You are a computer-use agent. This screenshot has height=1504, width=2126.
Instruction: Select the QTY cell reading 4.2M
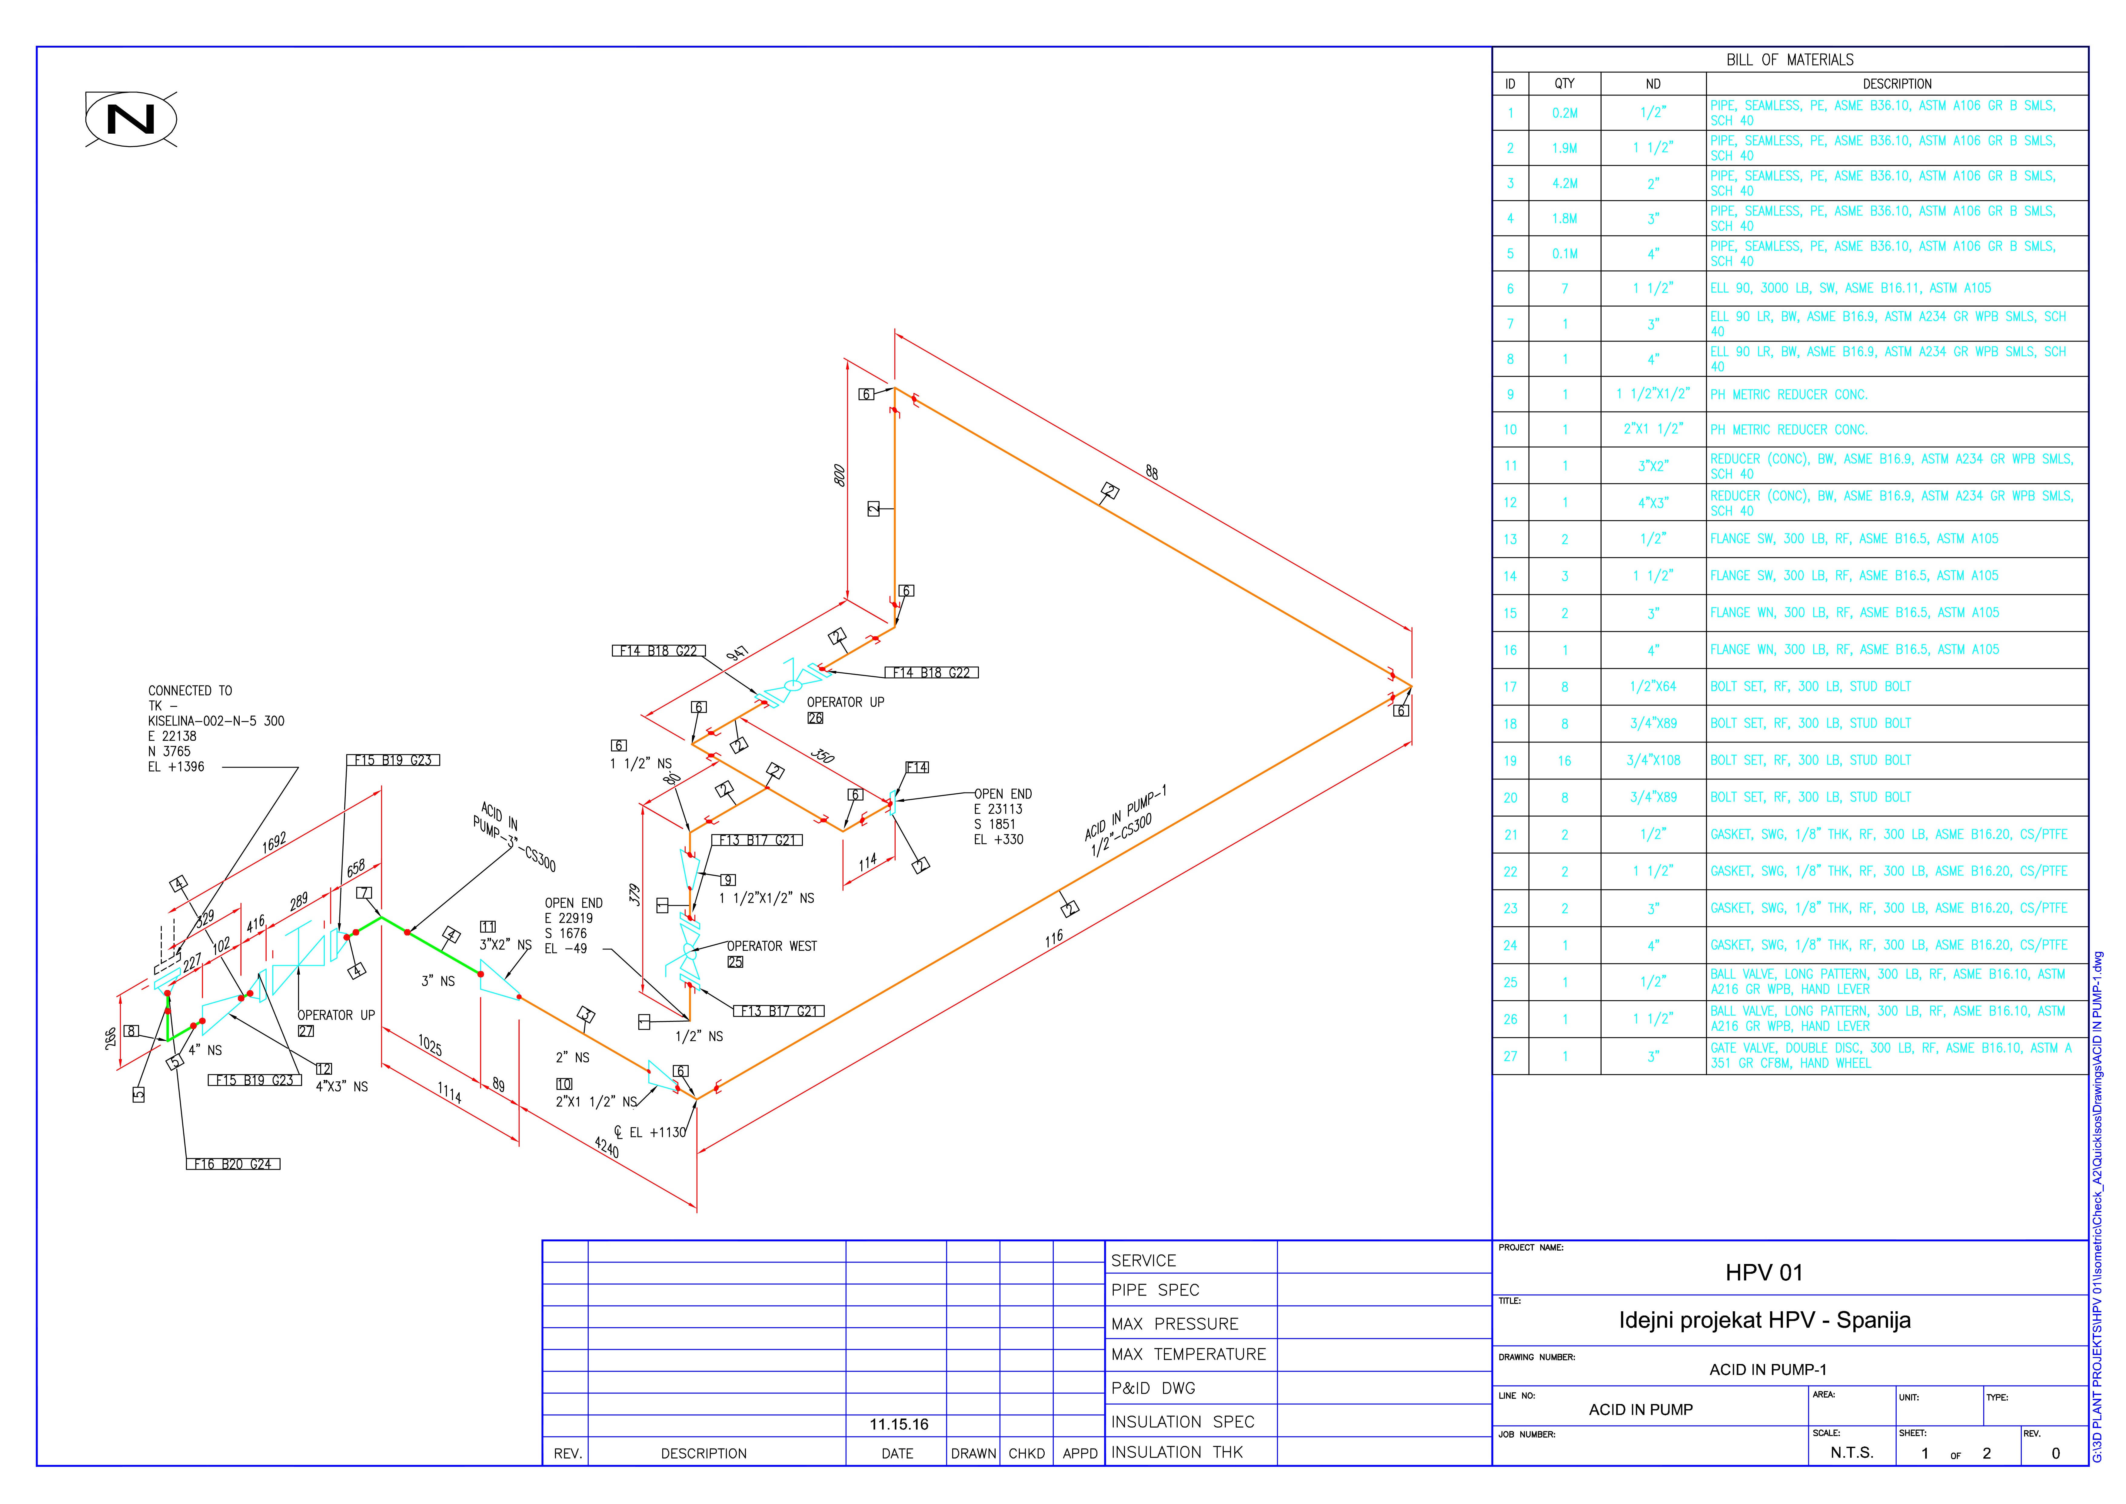coord(1564,183)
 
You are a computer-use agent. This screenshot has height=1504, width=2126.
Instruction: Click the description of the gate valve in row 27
coord(1889,1056)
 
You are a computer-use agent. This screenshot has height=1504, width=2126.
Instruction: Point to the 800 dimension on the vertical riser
coord(839,475)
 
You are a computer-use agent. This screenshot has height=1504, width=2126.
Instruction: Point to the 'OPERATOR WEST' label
coord(771,946)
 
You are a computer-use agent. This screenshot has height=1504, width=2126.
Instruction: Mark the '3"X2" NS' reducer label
coord(505,945)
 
